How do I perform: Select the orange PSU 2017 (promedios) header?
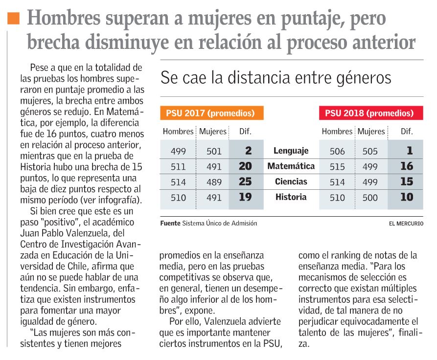tap(211, 113)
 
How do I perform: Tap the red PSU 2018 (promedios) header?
tap(370, 113)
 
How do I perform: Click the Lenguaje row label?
tap(291, 151)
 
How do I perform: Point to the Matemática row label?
tap(291, 166)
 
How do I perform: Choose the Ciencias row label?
tap(291, 182)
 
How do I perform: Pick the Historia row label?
tap(291, 198)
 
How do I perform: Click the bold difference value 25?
tap(245, 182)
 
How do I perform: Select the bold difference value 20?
tap(245, 166)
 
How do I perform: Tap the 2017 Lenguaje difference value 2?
tap(248, 151)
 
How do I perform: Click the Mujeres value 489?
tap(214, 182)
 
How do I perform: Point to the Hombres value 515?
tap(337, 167)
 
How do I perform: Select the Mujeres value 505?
tap(370, 151)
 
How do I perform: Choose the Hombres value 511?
tap(178, 167)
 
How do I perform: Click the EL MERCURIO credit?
tap(406, 224)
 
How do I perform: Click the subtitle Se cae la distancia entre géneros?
tap(276, 78)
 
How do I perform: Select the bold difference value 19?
tap(245, 198)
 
